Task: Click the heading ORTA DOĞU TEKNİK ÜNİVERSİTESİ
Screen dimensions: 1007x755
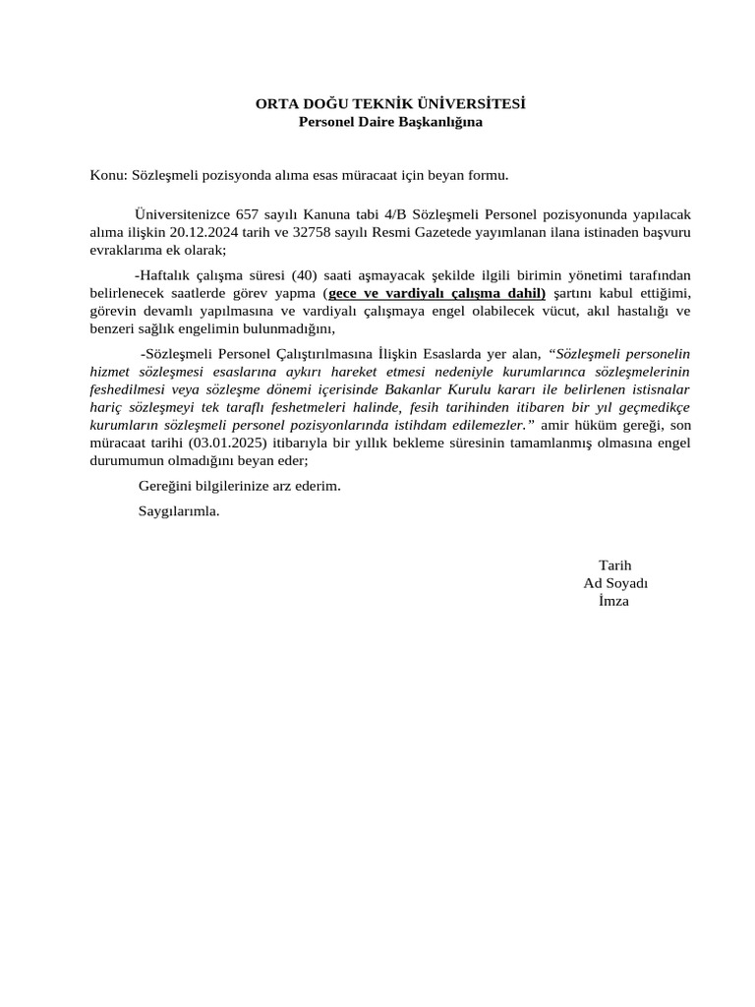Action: (390, 103)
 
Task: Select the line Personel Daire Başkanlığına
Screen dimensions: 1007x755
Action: (390, 122)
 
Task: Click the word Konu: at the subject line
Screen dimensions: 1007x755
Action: (108, 175)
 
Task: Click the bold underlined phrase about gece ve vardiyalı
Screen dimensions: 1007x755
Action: (436, 293)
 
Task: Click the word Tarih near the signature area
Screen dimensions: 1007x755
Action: (614, 564)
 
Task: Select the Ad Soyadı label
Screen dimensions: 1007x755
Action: (615, 582)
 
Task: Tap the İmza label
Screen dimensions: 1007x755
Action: (613, 601)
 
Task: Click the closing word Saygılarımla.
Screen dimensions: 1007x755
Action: (178, 511)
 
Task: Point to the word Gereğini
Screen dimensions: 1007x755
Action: (166, 487)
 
